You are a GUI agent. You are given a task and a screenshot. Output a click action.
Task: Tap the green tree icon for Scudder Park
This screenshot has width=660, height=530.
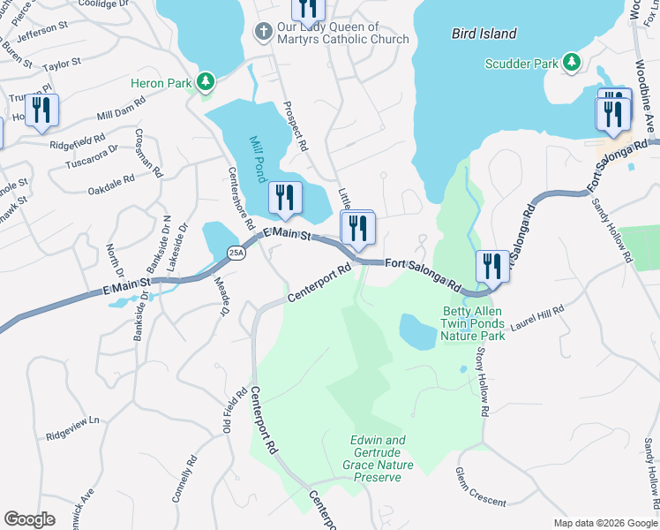572,63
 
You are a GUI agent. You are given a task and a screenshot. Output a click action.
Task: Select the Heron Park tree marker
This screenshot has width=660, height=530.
206,82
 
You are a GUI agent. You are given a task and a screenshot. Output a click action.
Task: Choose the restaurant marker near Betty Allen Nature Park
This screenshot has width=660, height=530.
491,267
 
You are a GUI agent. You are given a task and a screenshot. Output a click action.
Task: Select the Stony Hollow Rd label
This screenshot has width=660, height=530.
482,381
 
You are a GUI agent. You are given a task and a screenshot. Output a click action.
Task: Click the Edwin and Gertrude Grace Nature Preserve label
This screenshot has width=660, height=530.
378,458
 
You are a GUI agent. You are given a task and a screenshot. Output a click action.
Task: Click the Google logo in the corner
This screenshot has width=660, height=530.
29,519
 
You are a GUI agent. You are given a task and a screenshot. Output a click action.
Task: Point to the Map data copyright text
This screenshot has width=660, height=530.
604,523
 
